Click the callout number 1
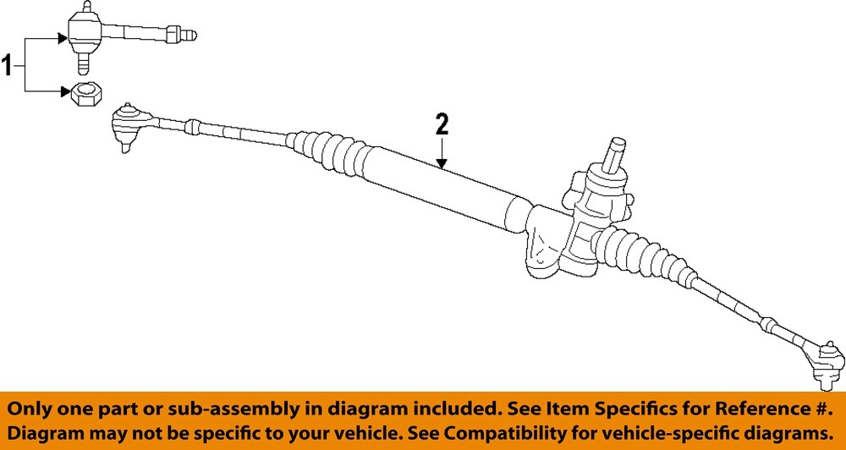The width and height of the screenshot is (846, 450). [x=9, y=64]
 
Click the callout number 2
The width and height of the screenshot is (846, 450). [x=442, y=125]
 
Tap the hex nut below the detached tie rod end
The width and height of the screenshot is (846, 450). [x=83, y=94]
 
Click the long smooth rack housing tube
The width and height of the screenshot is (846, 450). [x=440, y=191]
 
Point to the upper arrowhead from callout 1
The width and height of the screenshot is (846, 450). [x=63, y=38]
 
